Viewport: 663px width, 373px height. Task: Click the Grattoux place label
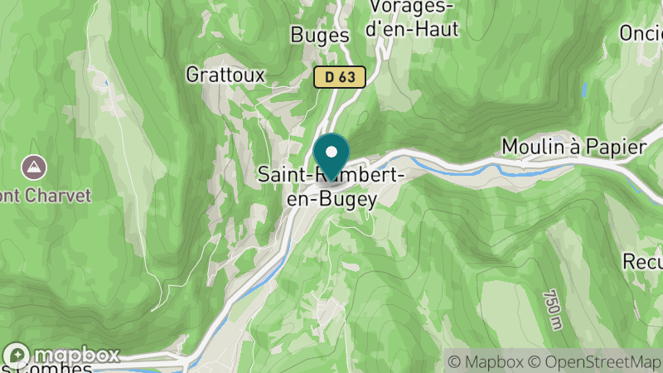pos(225,75)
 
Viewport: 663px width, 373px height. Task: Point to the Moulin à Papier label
pos(573,147)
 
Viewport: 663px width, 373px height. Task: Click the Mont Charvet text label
pos(46,195)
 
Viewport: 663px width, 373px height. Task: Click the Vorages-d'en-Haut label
pos(413,18)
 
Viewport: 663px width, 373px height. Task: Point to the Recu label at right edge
pos(643,261)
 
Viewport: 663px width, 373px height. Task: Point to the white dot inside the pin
pos(331,152)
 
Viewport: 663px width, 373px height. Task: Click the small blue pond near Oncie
pos(584,88)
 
